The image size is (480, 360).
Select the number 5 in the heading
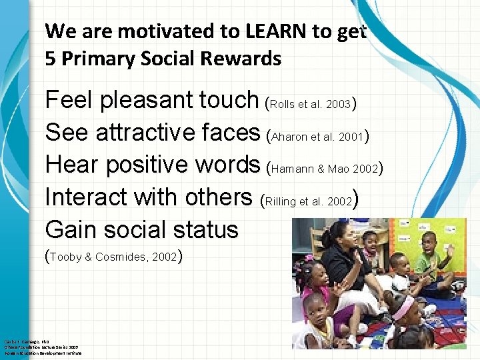[51, 59]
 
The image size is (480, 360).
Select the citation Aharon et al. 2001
[317, 136]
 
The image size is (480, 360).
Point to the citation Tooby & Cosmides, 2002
[114, 257]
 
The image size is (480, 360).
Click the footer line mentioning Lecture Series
[43, 347]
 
